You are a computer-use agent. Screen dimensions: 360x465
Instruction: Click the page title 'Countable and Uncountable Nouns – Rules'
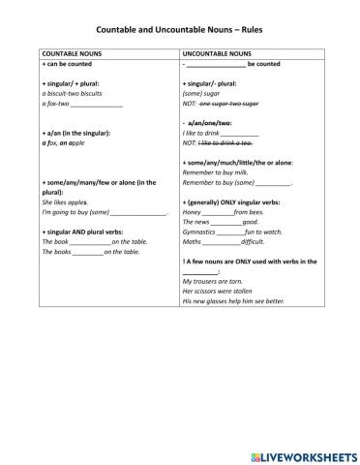[x=180, y=30]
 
